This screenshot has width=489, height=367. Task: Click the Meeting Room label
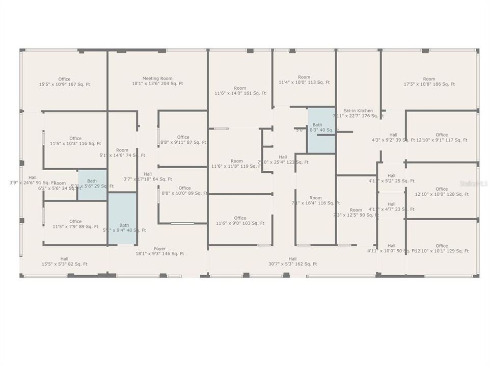(x=157, y=81)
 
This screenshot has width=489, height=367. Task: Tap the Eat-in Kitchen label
(x=358, y=113)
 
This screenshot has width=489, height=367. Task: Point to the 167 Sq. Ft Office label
(x=64, y=82)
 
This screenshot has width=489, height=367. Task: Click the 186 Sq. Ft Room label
(x=429, y=82)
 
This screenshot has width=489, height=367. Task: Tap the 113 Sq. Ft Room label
(x=304, y=80)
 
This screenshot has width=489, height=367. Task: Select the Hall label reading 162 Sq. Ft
(x=292, y=261)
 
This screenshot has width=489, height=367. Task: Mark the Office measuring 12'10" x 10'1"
(x=442, y=248)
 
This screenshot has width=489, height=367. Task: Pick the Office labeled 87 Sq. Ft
(x=183, y=140)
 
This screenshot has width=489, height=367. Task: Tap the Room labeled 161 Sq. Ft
(x=240, y=91)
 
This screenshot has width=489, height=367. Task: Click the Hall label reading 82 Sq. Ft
(x=64, y=261)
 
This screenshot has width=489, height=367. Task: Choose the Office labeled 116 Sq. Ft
(x=75, y=141)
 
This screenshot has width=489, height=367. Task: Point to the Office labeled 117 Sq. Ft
(x=442, y=137)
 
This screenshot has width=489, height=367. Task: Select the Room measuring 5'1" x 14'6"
(x=122, y=152)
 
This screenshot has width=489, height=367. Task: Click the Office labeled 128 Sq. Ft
(x=442, y=192)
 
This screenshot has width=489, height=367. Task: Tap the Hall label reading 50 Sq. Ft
(x=391, y=248)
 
